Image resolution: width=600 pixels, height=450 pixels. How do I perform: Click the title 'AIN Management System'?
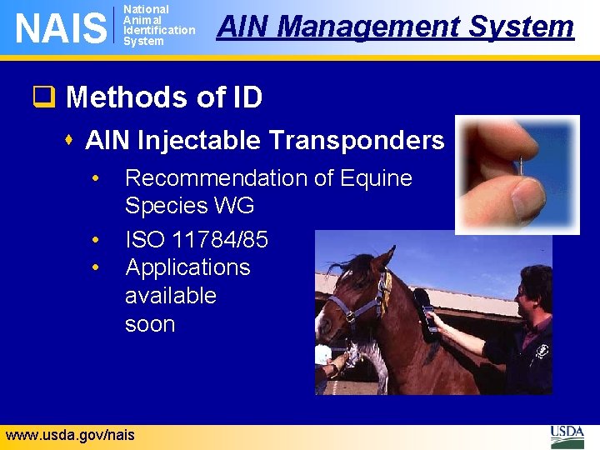[x=395, y=27]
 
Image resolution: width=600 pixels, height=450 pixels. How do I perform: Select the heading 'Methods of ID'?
[x=163, y=97]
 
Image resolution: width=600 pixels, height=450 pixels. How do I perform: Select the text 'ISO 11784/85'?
[x=197, y=240]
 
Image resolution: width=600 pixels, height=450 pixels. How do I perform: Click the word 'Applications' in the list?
[x=187, y=267]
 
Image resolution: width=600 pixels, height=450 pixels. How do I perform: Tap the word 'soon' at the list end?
[x=150, y=324]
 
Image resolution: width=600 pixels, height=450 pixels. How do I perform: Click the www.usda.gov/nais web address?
[x=69, y=434]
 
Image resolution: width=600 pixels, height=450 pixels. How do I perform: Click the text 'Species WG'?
[x=189, y=206]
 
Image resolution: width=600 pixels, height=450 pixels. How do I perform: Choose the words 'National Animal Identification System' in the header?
[x=158, y=25]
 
